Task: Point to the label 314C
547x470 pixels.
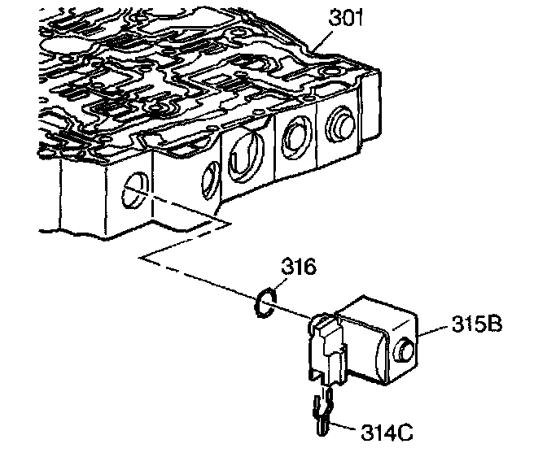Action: [384, 431]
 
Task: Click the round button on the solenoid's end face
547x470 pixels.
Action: [405, 350]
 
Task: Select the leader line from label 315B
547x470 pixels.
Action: [435, 329]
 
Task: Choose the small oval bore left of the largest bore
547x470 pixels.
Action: [208, 177]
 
